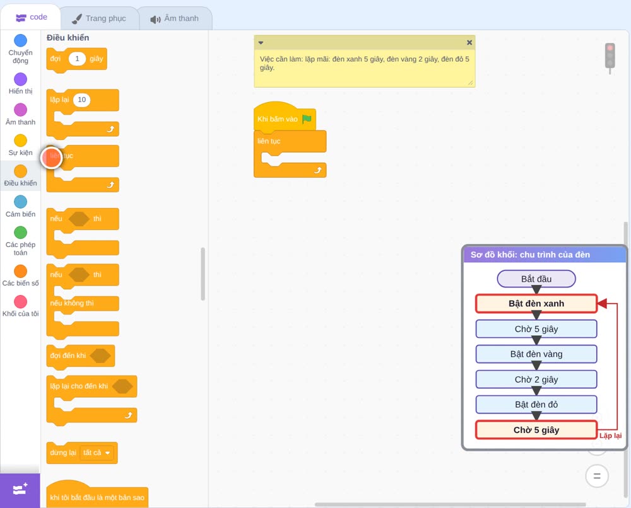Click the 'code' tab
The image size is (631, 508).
click(31, 17)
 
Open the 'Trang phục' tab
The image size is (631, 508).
click(99, 18)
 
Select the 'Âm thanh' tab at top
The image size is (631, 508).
click(175, 18)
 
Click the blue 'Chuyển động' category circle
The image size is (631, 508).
click(21, 40)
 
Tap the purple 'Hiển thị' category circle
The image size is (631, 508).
click(21, 79)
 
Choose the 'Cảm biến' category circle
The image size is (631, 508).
click(21, 202)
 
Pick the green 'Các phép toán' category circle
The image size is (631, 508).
click(21, 233)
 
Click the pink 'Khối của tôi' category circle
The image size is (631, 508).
click(21, 301)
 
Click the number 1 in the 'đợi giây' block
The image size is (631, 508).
click(77, 59)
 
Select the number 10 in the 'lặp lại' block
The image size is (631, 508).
click(81, 100)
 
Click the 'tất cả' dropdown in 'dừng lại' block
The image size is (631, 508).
click(97, 453)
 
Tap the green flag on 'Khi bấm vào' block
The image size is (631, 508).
click(307, 119)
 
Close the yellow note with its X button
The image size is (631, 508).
click(469, 43)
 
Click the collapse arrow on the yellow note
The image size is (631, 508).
click(261, 43)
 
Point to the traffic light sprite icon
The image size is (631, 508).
click(610, 58)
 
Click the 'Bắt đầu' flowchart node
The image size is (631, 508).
click(536, 279)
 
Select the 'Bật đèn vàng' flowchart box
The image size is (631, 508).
click(536, 354)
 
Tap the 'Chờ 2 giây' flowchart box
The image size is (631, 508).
click(536, 379)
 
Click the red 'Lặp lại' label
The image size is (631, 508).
click(610, 436)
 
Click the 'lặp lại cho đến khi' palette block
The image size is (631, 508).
click(79, 386)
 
